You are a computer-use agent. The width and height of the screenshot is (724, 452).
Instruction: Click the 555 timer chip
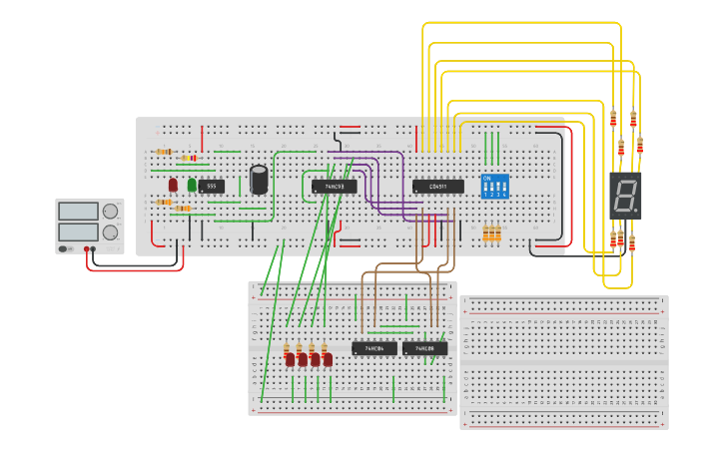211,186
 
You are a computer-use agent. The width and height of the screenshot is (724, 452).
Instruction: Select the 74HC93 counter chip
334,187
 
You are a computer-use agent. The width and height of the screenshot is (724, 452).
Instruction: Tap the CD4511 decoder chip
438,187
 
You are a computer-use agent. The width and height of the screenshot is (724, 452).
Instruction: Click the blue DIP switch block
494,187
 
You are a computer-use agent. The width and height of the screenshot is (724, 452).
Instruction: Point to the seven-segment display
625,196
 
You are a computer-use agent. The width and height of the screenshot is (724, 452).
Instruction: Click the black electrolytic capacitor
259,180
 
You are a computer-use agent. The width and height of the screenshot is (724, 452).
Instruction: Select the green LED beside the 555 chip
192,185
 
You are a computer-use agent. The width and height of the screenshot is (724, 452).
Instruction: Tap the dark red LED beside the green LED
173,185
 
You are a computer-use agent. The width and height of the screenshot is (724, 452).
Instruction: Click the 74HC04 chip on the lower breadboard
374,348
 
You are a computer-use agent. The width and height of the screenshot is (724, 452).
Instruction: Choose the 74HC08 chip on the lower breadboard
425,348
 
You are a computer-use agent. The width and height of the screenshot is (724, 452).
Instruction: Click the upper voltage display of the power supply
78,211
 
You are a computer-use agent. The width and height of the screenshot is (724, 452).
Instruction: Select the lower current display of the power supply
78,231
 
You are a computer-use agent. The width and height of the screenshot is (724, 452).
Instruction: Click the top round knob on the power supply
110,211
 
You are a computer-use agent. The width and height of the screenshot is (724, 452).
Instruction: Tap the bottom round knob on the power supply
110,231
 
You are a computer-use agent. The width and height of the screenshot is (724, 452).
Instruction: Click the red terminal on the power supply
87,248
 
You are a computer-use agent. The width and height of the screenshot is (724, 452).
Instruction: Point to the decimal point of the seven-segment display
636,211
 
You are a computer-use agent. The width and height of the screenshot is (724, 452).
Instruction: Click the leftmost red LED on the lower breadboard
290,359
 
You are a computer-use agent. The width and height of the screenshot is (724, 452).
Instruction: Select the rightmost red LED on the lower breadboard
328,359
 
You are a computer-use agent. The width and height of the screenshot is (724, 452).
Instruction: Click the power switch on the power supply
65,248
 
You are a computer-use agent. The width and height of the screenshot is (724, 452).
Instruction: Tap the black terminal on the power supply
94,248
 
